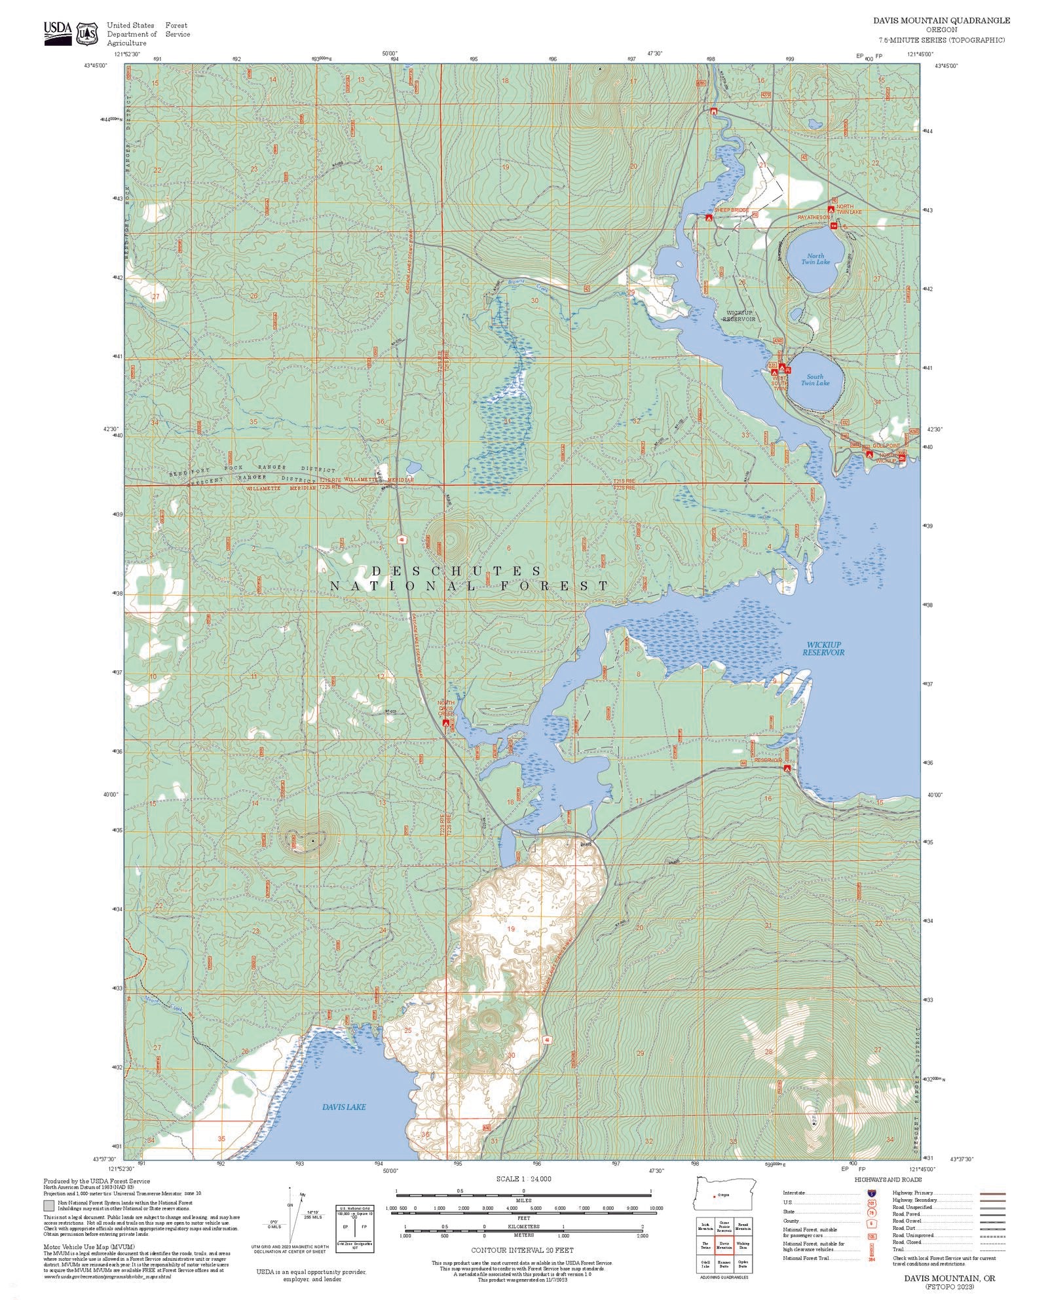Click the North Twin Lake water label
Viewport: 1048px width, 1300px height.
coord(815,259)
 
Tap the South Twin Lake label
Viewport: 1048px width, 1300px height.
coord(815,380)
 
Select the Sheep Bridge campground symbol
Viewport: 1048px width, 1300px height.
coord(709,218)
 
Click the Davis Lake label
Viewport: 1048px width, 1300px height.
coord(344,1107)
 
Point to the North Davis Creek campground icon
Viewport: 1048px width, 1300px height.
coord(446,723)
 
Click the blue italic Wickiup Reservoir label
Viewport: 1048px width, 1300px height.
coord(823,648)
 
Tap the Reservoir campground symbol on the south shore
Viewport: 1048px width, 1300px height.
coord(787,768)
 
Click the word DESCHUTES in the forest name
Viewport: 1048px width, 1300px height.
coord(456,571)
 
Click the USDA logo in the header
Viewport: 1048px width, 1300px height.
coord(57,31)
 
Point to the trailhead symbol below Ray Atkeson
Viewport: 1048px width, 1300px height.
coord(834,225)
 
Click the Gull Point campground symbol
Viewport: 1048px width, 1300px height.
coord(869,454)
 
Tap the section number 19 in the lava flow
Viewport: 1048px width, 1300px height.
coord(511,928)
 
